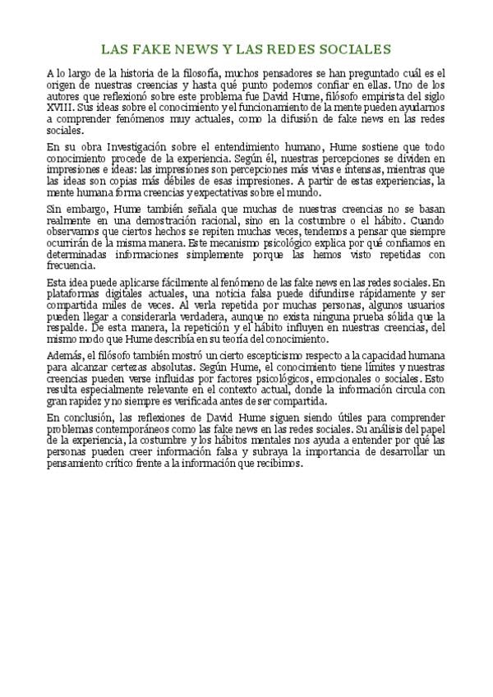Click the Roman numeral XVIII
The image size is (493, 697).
click(x=60, y=108)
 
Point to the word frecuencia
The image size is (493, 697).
click(x=71, y=266)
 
